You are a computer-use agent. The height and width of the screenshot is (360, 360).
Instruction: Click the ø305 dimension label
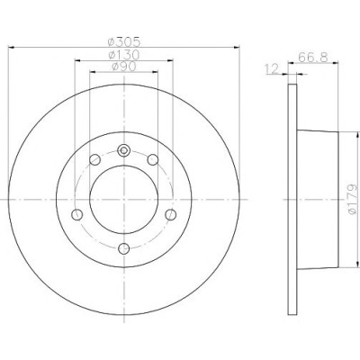124,41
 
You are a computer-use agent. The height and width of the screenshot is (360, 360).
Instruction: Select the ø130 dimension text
124,55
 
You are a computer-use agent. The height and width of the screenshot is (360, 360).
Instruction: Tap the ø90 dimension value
124,67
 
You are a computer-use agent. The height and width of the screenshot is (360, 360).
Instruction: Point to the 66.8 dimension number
313,57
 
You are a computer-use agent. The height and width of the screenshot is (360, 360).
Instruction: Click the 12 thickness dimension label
273,69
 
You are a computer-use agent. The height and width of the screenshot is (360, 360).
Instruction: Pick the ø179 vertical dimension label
353,199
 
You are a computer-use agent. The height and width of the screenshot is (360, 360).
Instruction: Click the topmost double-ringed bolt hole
123,150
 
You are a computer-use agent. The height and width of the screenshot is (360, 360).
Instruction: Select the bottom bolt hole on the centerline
123,248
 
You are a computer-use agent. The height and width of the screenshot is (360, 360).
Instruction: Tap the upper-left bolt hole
94,159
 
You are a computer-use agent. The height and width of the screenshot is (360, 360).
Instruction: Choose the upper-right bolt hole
153,159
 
